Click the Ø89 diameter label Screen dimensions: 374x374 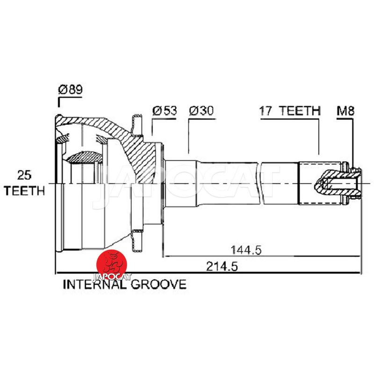click(71, 90)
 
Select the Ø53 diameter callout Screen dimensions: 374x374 click(165, 111)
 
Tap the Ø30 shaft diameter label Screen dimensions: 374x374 click(201, 111)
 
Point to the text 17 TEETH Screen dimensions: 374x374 click(290, 111)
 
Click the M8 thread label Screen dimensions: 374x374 click(345, 111)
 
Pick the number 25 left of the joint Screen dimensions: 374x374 click(24, 175)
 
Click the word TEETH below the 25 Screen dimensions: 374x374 click(24, 191)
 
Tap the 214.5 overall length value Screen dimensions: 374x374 click(222, 266)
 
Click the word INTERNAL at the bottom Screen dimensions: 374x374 click(95, 285)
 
